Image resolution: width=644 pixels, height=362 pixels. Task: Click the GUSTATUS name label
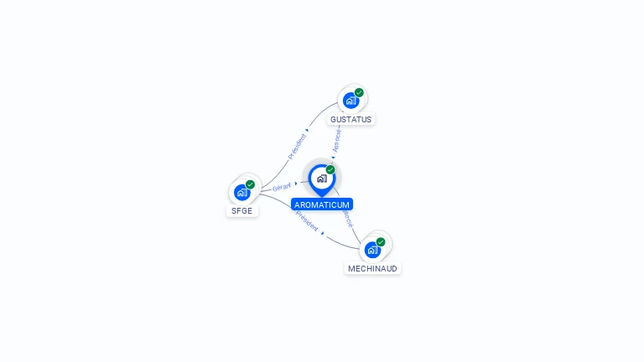pos(351,120)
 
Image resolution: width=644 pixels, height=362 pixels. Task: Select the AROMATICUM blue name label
pos(322,204)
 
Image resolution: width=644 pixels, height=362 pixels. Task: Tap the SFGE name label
pos(241,211)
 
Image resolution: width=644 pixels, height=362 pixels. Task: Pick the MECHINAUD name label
pos(372,268)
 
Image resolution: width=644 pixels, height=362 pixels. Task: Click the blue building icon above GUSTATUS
pos(351,101)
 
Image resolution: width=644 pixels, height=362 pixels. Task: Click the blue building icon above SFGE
pos(241,192)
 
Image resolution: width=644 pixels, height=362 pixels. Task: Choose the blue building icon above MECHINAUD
pos(372,249)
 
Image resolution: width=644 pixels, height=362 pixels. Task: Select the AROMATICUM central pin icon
pos(321,178)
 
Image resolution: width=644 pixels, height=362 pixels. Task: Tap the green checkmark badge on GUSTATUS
pos(359,93)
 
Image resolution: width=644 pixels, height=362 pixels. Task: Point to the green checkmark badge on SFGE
pos(250,184)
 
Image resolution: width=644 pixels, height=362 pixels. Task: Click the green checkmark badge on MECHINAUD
pos(381,242)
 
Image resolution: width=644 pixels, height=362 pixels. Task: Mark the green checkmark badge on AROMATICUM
pos(330,170)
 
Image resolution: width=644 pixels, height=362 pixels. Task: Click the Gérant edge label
pos(282,187)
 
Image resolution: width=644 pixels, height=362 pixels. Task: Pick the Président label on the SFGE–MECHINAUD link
pos(306,221)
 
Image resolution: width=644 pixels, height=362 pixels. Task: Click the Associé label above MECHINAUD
pos(347,218)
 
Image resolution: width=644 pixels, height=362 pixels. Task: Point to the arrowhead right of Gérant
pos(296,183)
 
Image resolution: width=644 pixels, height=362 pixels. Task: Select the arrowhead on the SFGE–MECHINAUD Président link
pos(323,232)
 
